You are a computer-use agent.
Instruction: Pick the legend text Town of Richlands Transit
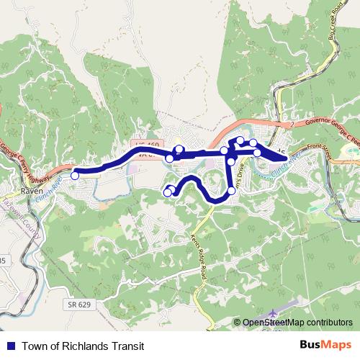[83, 346]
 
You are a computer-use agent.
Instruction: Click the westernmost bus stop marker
[75, 175]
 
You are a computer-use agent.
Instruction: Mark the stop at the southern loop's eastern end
[231, 191]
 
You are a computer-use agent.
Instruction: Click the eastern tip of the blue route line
[287, 158]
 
